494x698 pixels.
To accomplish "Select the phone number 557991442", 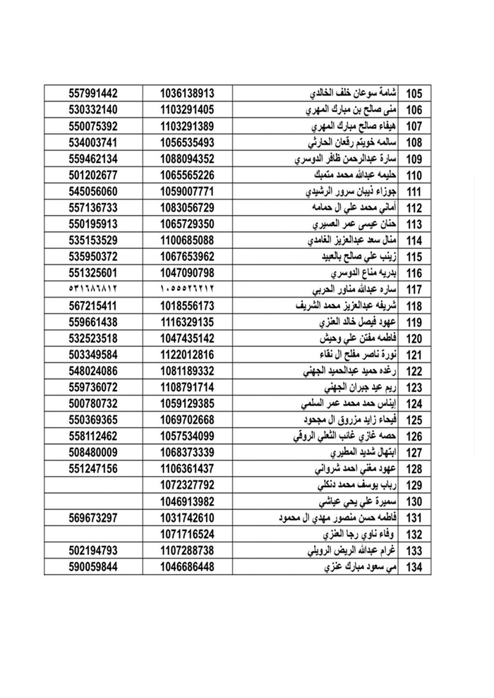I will click(x=93, y=94).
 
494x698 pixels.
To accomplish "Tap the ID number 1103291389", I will click(x=187, y=126).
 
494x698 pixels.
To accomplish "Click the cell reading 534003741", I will click(x=93, y=142).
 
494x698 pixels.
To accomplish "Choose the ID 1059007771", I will click(x=187, y=191).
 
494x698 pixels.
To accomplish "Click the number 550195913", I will click(x=93, y=224).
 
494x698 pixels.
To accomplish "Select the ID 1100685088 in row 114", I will click(x=187, y=240).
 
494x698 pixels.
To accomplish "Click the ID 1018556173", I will click(x=187, y=305).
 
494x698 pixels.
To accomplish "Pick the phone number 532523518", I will click(x=93, y=338).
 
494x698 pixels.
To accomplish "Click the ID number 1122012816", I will click(x=187, y=355).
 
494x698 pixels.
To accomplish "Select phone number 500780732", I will click(x=93, y=404).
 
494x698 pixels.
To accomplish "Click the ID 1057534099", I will click(x=187, y=436).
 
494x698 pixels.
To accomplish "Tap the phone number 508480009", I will click(x=93, y=453).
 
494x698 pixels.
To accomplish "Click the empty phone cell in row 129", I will click(x=93, y=485).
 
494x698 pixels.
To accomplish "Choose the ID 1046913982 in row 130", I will click(x=187, y=501).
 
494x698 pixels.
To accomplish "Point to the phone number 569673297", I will click(x=93, y=518).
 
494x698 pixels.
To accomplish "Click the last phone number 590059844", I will click(x=93, y=567).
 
